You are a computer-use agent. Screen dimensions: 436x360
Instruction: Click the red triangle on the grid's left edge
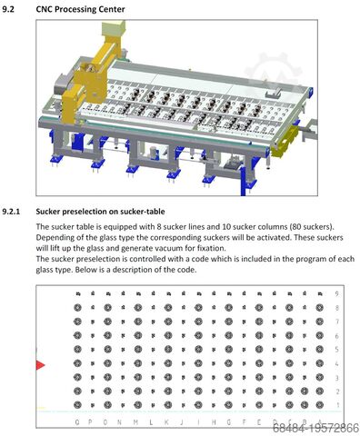click(x=40, y=364)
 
